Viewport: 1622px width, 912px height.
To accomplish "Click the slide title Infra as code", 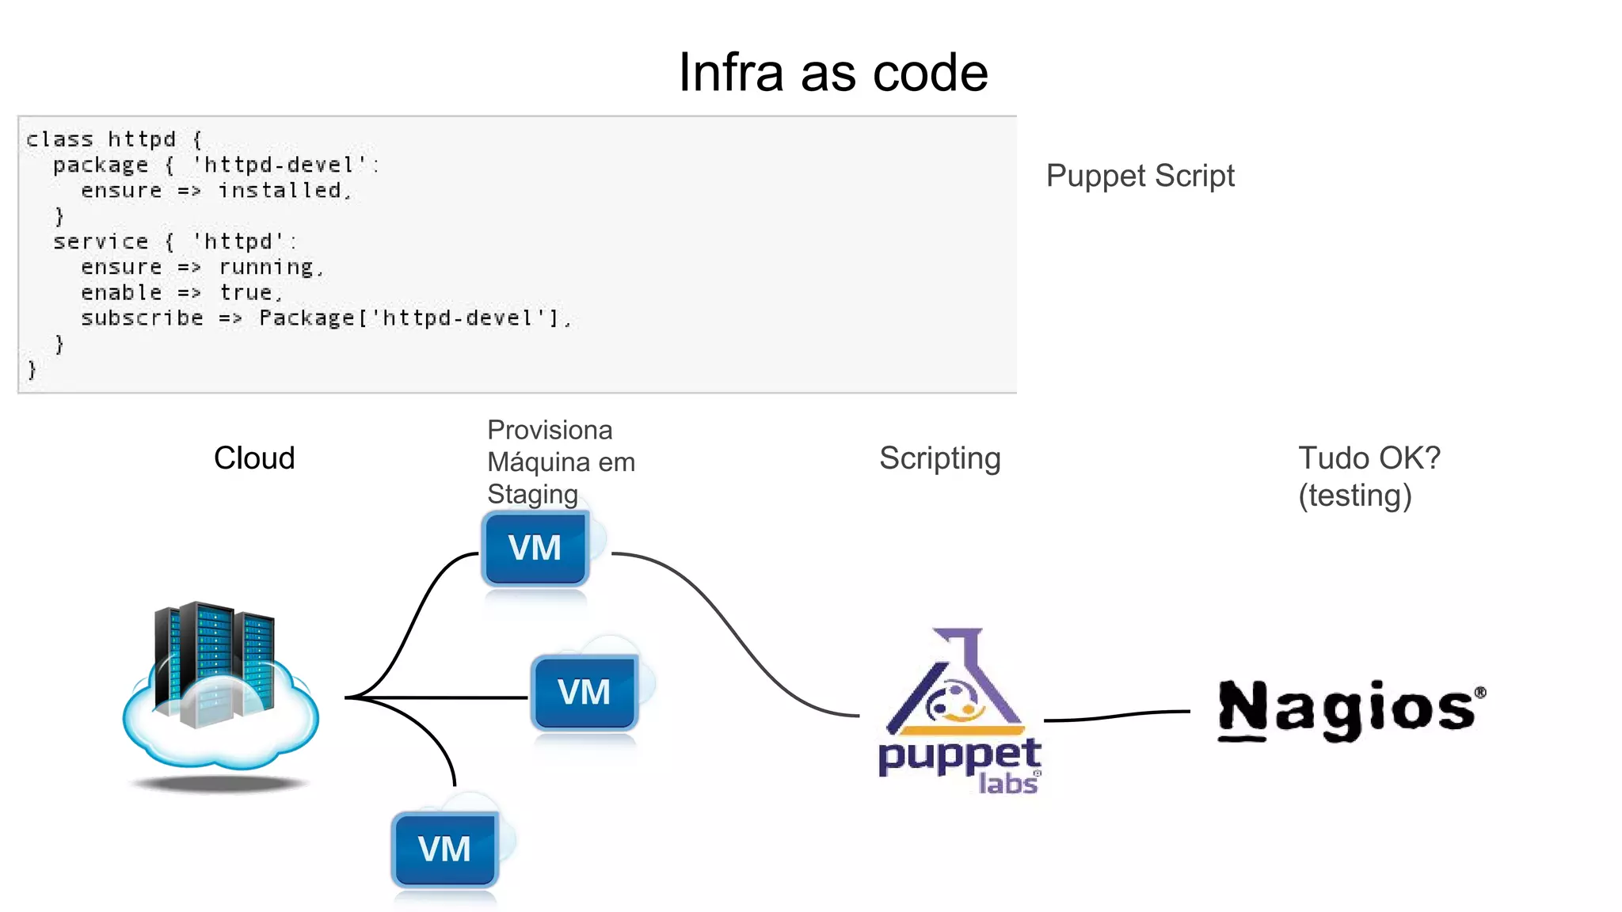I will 833,73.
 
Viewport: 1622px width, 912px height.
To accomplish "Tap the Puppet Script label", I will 1140,176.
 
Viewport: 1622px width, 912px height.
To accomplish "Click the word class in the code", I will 59,139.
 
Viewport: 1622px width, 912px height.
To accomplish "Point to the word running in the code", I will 267,268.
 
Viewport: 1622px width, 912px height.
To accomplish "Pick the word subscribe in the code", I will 142,318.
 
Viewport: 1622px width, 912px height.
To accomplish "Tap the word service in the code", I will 101,241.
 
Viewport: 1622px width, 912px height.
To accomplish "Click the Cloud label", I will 254,458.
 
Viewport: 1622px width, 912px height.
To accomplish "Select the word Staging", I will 532,494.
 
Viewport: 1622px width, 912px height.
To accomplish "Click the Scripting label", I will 939,458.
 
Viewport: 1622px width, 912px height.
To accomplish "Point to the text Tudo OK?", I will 1369,458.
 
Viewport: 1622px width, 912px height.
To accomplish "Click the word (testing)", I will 1354,496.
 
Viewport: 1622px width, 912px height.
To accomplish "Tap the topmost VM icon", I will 535,549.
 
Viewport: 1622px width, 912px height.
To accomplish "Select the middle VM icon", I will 584,693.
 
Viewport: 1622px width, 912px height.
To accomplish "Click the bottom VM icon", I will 445,849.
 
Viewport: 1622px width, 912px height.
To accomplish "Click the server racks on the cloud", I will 214,661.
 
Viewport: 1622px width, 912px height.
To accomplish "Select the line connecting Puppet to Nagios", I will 1117,716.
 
